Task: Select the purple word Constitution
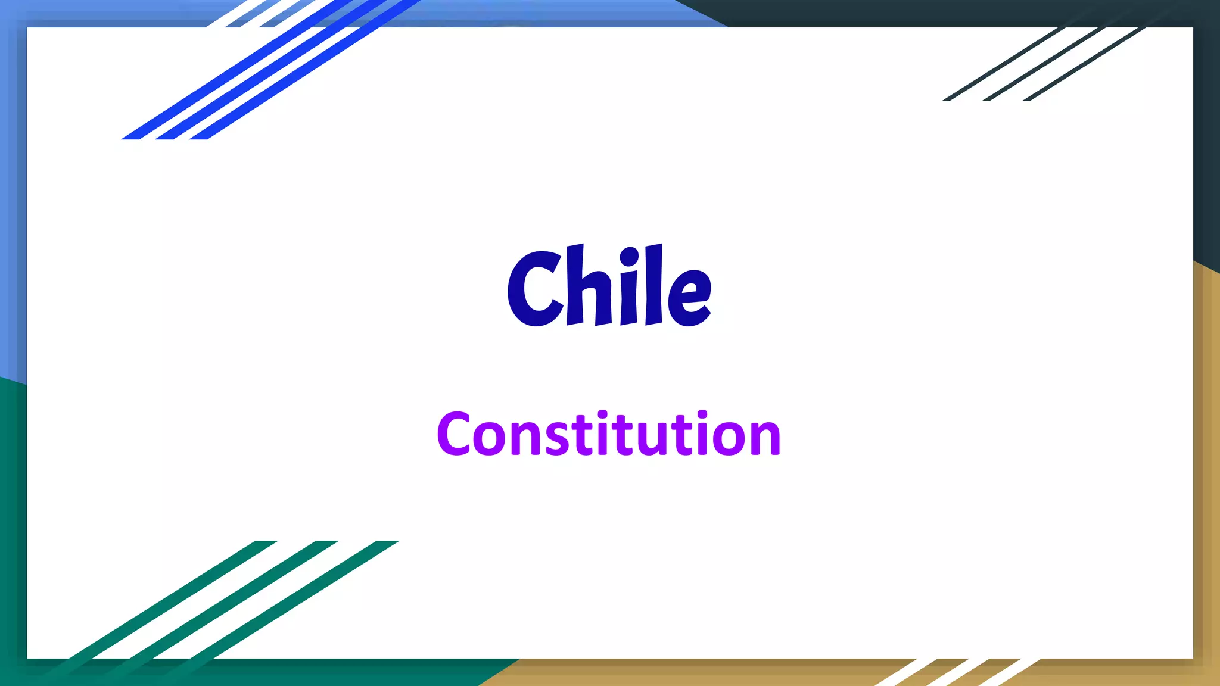608,435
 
